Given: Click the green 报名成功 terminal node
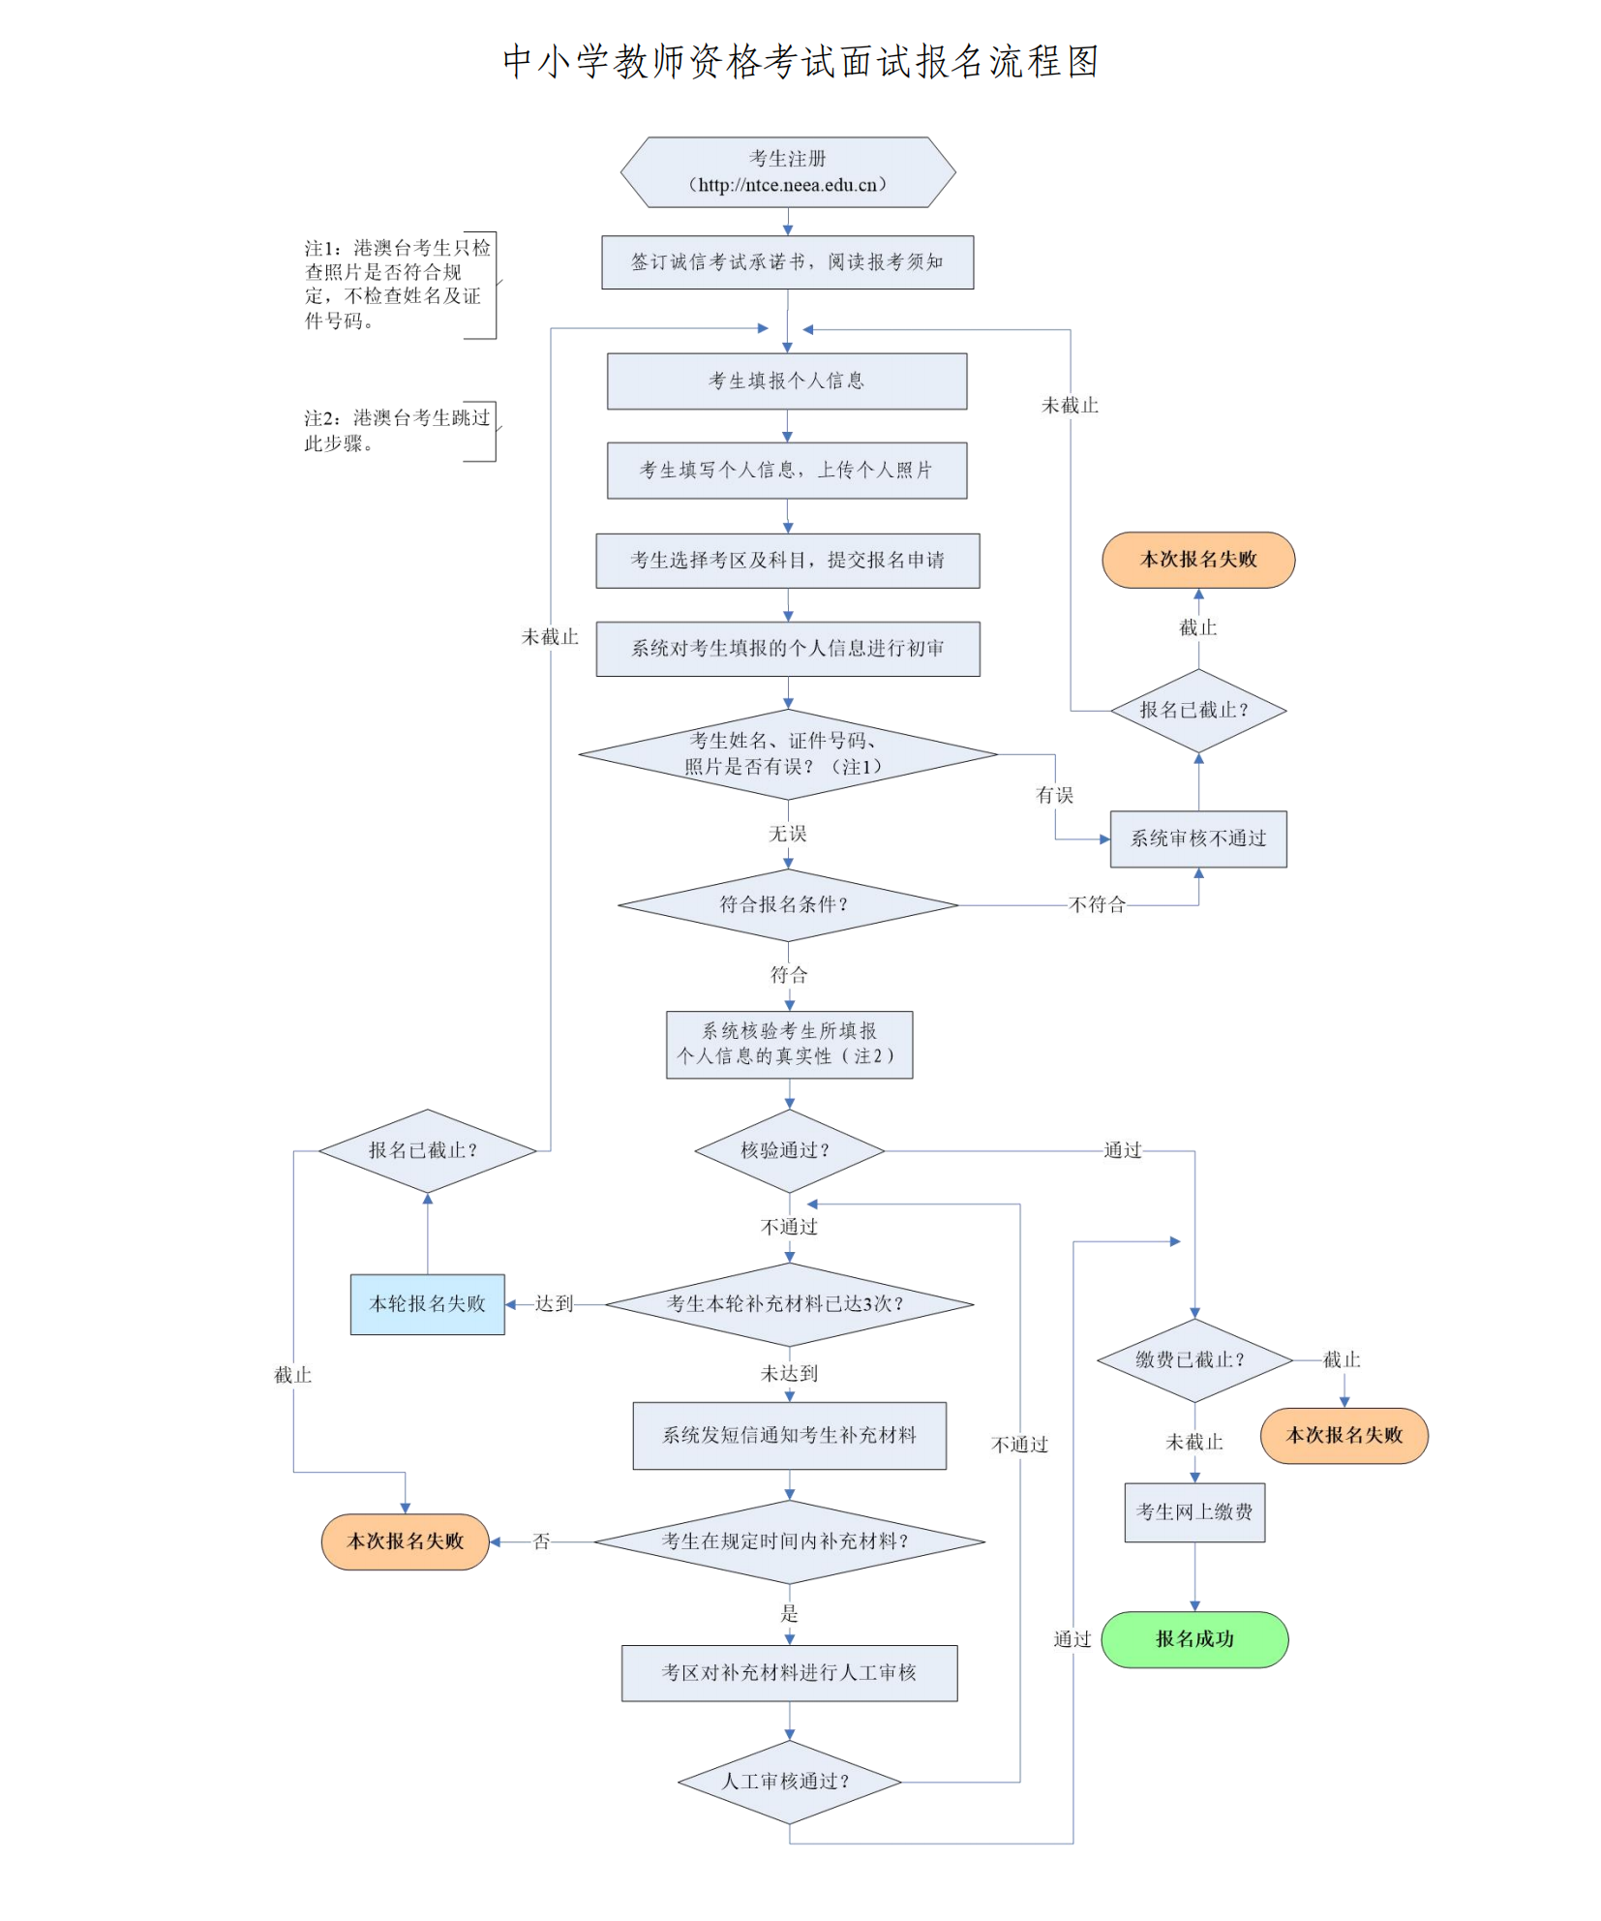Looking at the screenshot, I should [1193, 1638].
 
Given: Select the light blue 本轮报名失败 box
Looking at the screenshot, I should [427, 1303].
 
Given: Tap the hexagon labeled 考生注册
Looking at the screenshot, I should [787, 171].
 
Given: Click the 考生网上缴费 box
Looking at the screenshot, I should [1193, 1511].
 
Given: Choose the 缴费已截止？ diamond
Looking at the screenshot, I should [1193, 1359].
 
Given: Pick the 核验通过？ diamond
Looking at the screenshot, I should [788, 1150].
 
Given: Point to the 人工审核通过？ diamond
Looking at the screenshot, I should [788, 1781].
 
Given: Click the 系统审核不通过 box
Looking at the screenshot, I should [1197, 839].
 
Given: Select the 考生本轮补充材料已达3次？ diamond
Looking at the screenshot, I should [788, 1303].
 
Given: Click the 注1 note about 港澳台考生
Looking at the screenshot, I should [397, 285].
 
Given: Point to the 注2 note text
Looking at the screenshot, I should [397, 430].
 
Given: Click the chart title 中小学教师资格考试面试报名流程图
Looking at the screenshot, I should [800, 62].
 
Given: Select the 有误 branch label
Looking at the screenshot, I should [1054, 795].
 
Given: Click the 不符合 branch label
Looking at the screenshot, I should [1097, 904].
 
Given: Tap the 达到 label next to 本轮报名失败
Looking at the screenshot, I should [554, 1303].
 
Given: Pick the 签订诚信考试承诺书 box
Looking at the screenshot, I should [787, 261].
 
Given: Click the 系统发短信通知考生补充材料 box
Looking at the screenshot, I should [789, 1435].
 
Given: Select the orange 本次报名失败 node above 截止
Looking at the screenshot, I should [1197, 559].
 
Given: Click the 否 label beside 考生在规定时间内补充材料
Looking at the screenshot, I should [541, 1540].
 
